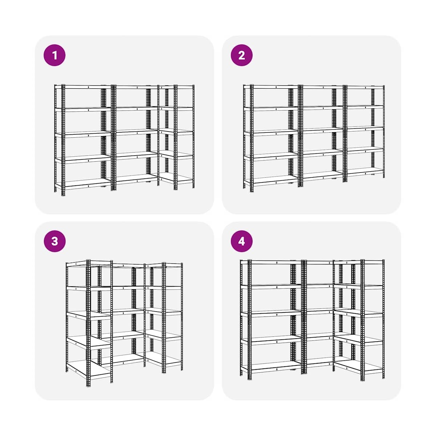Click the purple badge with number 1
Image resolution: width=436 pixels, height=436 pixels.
coord(54,55)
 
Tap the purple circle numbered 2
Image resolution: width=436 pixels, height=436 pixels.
coord(242,55)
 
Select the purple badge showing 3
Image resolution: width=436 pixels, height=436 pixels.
coord(54,241)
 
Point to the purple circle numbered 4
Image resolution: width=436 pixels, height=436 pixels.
coord(242,241)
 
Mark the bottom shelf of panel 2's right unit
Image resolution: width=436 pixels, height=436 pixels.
coord(365,171)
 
